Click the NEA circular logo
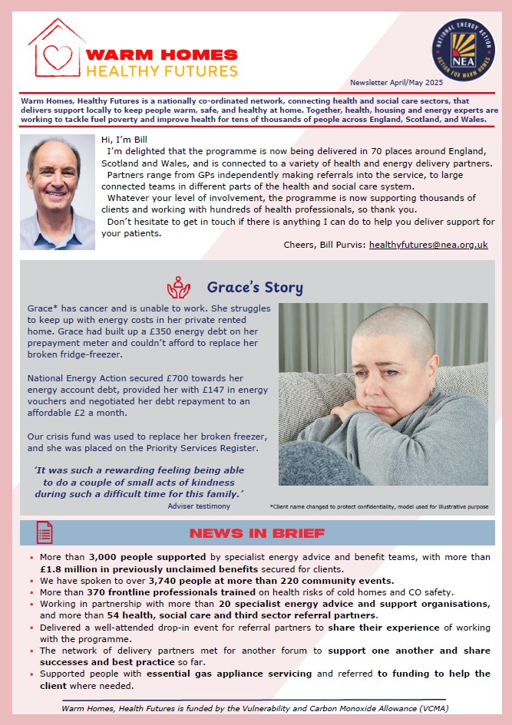(x=463, y=49)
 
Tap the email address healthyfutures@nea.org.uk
(x=428, y=246)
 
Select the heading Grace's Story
(x=255, y=288)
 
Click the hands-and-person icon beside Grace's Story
(x=178, y=287)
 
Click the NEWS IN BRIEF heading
(x=257, y=533)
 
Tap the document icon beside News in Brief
(x=45, y=532)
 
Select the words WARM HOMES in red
(x=162, y=54)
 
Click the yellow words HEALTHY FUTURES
(x=162, y=71)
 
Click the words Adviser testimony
(x=198, y=506)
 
